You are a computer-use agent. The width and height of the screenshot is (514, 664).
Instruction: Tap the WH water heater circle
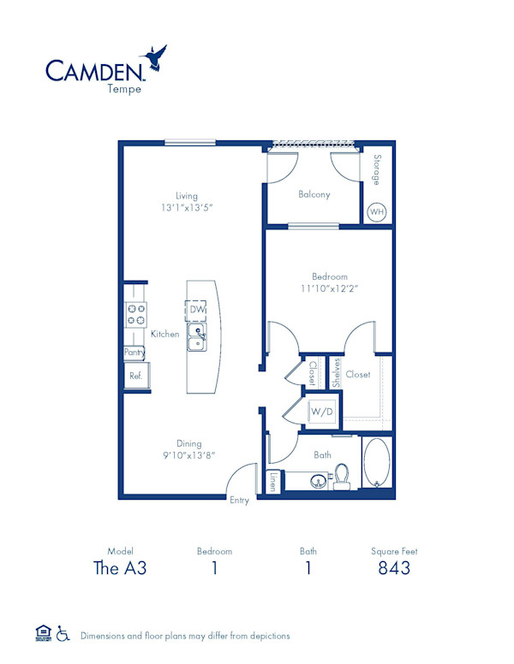(376, 212)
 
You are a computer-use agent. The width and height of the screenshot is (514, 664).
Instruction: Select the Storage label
(376, 170)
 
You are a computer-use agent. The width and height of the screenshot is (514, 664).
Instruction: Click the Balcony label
(314, 194)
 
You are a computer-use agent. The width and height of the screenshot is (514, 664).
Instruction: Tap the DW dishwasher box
(198, 309)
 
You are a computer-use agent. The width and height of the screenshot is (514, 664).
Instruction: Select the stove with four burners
(135, 314)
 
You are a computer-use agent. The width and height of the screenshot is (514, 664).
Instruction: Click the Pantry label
(134, 352)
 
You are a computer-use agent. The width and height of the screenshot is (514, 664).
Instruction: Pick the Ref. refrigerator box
(135, 375)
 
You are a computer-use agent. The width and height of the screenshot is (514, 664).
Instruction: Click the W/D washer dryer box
(322, 412)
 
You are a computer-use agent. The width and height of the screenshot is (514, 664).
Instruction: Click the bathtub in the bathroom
(378, 464)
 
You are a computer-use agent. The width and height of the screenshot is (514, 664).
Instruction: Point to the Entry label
(239, 501)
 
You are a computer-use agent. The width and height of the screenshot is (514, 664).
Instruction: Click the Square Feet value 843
(394, 568)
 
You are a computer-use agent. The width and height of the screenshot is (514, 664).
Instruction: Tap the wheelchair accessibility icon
(63, 634)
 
